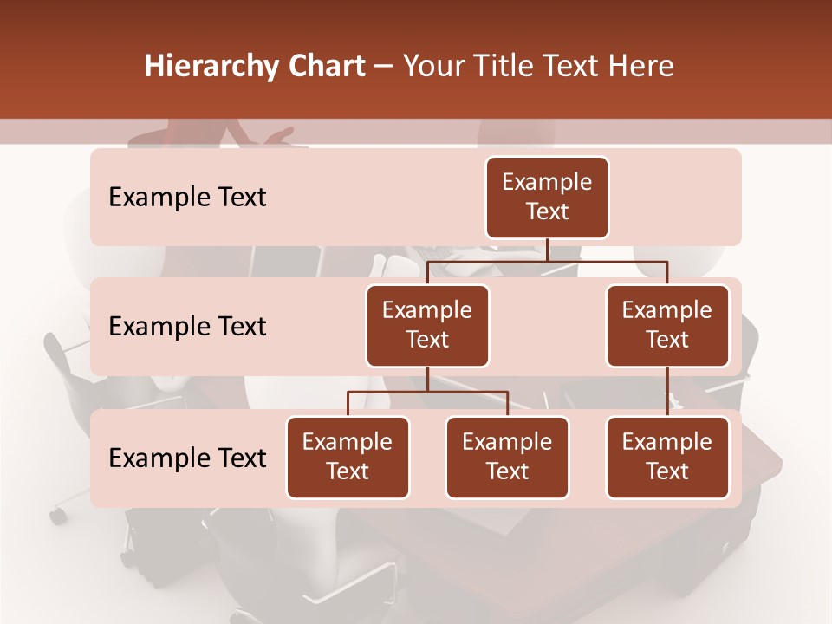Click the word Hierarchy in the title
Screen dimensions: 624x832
[207, 67]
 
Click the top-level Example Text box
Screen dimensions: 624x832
[547, 197]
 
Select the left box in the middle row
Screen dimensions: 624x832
[427, 325]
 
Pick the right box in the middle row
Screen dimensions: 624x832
[667, 325]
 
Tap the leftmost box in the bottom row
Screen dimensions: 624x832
[348, 457]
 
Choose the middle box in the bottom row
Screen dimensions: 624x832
[507, 457]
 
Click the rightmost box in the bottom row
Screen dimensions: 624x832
[667, 457]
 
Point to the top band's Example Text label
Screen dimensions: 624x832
[187, 198]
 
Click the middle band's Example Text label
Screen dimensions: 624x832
[187, 327]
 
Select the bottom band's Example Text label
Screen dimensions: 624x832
[187, 458]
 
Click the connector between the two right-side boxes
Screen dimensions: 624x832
[667, 391]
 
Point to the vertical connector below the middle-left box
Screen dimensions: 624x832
[427, 379]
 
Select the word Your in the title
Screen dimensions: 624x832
[432, 67]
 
